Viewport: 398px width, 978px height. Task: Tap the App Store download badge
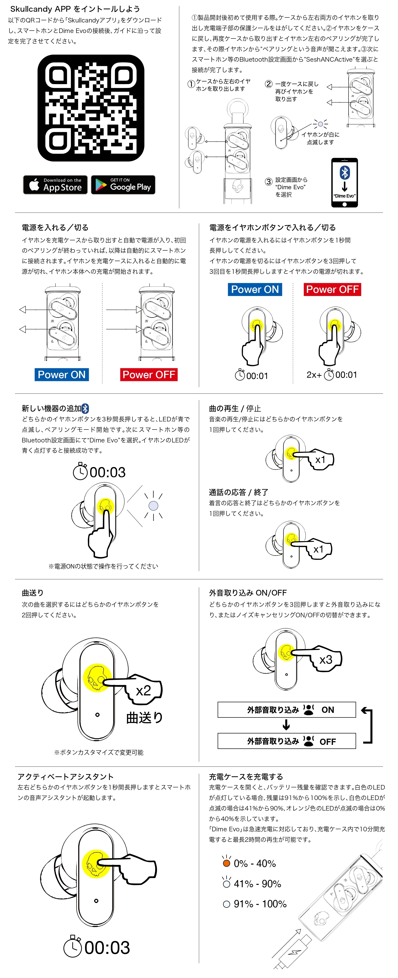click(x=55, y=185)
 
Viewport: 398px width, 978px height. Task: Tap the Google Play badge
click(x=123, y=185)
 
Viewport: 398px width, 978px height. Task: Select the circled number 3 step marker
click(x=268, y=182)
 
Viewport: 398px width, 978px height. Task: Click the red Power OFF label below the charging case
click(x=149, y=375)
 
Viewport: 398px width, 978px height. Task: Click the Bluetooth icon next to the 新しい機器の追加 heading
click(x=85, y=408)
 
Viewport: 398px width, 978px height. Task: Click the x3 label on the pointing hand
click(x=325, y=660)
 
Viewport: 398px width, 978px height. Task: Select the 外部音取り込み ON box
click(x=287, y=709)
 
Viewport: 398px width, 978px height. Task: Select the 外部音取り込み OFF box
click(x=287, y=741)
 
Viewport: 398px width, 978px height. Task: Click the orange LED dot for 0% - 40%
click(x=227, y=863)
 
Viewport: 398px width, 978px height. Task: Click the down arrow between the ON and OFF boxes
click(x=287, y=725)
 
